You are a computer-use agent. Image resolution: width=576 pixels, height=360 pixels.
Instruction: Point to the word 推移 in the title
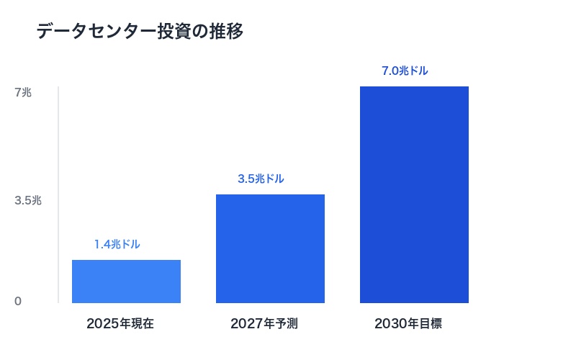pos(229,32)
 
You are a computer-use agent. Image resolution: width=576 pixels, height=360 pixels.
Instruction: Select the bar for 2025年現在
pos(126,282)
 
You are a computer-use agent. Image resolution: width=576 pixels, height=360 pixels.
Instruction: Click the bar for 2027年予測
pos(270,248)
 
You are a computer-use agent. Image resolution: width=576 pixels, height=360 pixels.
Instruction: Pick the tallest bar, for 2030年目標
pos(414,194)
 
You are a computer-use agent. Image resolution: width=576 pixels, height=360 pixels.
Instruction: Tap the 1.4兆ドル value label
pos(117,245)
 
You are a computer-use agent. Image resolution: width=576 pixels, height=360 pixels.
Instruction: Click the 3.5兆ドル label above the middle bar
pos(261,179)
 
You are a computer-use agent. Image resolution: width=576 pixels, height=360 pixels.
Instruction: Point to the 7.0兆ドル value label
pos(405,71)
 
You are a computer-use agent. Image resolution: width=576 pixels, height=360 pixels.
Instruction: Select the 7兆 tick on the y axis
pos(24,92)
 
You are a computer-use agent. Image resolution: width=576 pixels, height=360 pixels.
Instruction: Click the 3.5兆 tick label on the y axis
pos(28,201)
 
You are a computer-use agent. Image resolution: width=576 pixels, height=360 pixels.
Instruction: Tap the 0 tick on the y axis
pos(18,301)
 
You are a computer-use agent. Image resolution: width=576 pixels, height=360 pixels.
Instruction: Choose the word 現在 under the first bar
pos(143,324)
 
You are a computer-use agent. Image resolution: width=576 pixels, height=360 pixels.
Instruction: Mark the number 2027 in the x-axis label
pos(247,324)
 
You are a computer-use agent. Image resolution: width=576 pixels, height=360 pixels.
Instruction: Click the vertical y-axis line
pos(58,194)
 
